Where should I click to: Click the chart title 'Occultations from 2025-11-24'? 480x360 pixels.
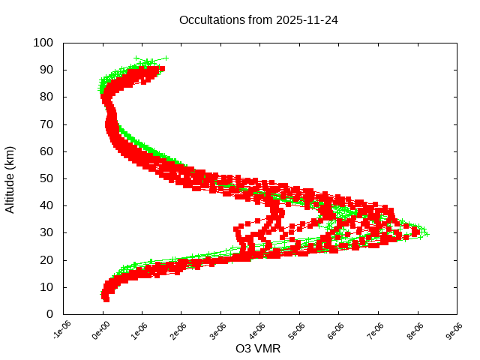click(258, 20)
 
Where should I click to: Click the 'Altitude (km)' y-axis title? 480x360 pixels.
click(10, 178)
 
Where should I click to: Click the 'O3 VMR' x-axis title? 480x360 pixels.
click(259, 349)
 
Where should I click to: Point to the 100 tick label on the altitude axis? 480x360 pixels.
click(43, 43)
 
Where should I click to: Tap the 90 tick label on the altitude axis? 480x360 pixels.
click(46, 70)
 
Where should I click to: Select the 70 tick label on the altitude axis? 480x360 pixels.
click(46, 124)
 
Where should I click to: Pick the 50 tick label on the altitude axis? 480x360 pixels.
click(46, 178)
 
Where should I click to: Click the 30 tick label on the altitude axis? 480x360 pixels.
click(46, 232)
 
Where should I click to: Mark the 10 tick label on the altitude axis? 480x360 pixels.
click(46, 287)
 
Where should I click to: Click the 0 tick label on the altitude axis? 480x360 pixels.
click(49, 314)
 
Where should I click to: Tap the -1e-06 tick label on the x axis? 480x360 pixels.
click(61, 330)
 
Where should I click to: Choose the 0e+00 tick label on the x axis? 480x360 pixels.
click(101, 330)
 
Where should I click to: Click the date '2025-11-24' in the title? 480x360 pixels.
click(307, 20)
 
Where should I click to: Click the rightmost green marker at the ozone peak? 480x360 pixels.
click(427, 233)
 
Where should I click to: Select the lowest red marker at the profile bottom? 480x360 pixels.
click(106, 298)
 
